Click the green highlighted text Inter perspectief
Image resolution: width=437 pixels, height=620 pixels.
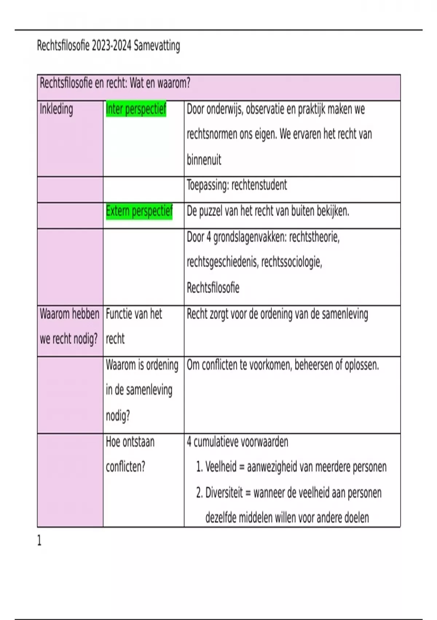click(136, 109)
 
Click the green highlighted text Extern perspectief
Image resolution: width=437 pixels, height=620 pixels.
click(139, 211)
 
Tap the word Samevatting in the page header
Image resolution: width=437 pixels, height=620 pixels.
click(157, 46)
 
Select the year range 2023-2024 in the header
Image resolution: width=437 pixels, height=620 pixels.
click(111, 46)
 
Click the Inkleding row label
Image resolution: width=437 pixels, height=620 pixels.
click(56, 109)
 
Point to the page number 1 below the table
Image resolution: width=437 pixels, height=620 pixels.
click(39, 540)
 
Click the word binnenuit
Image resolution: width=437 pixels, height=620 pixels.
click(204, 160)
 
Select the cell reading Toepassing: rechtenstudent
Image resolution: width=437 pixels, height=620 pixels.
click(237, 185)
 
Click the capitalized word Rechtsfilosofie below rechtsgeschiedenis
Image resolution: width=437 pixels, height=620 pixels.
click(213, 288)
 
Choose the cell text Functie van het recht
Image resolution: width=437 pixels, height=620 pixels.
click(134, 326)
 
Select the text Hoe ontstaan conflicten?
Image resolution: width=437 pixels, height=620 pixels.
click(130, 454)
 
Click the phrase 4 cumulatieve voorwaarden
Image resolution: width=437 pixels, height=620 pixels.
click(237, 442)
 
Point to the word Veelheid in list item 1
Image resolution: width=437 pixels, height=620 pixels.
click(221, 467)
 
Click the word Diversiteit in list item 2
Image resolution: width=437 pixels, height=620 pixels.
click(224, 493)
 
